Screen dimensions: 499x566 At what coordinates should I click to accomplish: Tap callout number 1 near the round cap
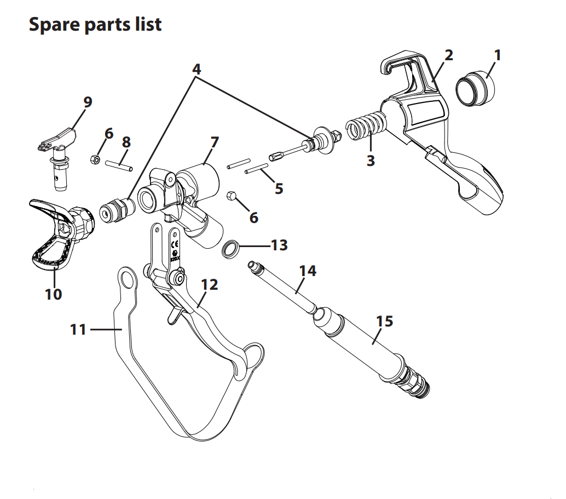[x=497, y=55]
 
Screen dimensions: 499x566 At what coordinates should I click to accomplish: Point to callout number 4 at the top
[x=197, y=69]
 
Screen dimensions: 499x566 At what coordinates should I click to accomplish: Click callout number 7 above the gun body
[x=214, y=142]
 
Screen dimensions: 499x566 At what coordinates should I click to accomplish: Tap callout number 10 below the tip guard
[x=53, y=294]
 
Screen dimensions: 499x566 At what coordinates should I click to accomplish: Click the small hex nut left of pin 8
[x=94, y=159]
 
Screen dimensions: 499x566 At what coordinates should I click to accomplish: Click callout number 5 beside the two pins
[x=279, y=188]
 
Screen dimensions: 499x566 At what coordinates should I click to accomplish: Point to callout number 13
[x=279, y=245]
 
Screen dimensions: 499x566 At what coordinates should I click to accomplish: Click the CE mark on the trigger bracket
[x=176, y=244]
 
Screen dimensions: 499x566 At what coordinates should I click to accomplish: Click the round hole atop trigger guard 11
[x=128, y=278]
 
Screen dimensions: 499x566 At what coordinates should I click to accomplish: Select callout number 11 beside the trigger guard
[x=79, y=329]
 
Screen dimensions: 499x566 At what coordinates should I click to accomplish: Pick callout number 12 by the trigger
[x=209, y=284]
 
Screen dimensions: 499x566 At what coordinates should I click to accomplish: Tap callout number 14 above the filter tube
[x=308, y=271]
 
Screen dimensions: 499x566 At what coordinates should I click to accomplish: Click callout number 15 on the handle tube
[x=384, y=320]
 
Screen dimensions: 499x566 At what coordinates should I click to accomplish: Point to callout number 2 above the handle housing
[x=448, y=55]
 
